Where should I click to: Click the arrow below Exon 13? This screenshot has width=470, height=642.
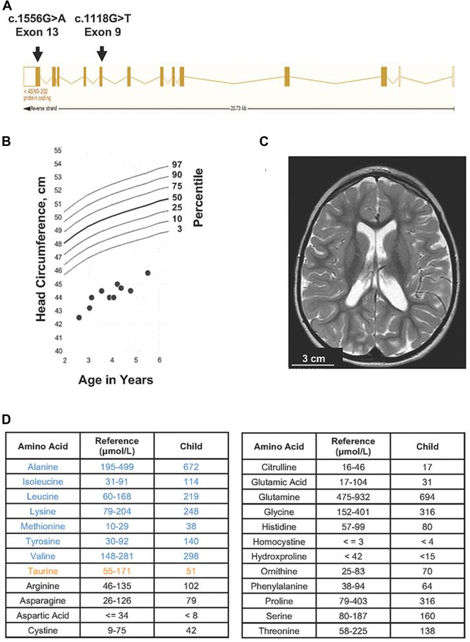(37, 53)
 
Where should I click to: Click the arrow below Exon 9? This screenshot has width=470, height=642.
(101, 53)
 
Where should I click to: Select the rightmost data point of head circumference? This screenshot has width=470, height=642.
(148, 273)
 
